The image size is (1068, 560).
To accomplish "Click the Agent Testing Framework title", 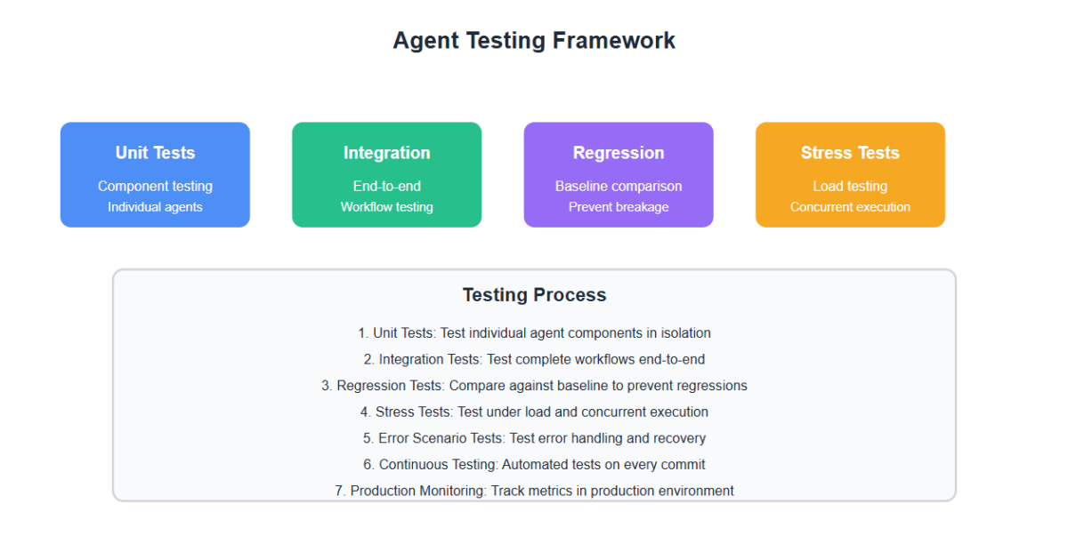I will (534, 41).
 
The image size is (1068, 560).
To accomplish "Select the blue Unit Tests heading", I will (155, 153).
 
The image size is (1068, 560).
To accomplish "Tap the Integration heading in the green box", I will (386, 153).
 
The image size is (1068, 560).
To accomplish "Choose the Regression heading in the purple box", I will (619, 153).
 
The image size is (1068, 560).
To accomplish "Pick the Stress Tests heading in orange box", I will (850, 153).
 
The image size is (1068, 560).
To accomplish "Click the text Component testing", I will (155, 187).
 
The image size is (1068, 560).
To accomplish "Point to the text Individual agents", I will (155, 207).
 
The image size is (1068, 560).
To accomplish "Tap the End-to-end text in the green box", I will (386, 187).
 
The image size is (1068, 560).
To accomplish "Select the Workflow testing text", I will (386, 207).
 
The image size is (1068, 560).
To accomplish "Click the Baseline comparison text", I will (619, 187).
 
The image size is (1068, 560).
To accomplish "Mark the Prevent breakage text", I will (619, 207).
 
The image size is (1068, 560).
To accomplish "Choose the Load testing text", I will (850, 187).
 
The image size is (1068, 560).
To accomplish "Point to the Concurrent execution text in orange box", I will (850, 207).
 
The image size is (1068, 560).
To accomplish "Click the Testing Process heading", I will (534, 295).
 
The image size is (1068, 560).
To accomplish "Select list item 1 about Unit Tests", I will (534, 333).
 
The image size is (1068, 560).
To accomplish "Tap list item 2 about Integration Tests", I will (534, 359).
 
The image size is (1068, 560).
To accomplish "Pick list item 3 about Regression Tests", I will (534, 386).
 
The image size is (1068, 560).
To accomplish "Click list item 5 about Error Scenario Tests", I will (534, 438).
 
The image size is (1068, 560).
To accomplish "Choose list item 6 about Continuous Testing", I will (534, 464).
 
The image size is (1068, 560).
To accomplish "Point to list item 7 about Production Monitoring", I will (534, 491).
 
